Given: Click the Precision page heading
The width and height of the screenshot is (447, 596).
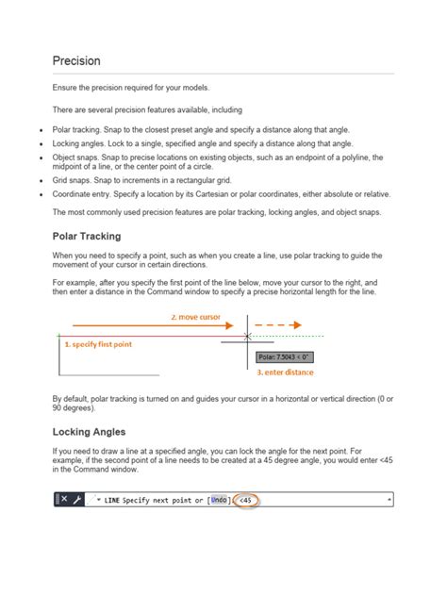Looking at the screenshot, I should pyautogui.click(x=76, y=60).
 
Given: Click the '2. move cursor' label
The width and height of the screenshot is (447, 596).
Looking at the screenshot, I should pyautogui.click(x=195, y=318).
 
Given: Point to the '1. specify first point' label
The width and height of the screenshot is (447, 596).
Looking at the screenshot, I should pyautogui.click(x=99, y=345).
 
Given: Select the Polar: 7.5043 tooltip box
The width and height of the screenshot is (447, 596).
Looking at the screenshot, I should pyautogui.click(x=284, y=357).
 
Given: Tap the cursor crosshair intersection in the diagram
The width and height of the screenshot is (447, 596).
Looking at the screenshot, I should pyautogui.click(x=247, y=336).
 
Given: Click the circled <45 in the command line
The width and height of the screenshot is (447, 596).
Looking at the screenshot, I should pyautogui.click(x=248, y=500).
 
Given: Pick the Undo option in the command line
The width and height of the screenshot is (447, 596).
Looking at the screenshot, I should pyautogui.click(x=219, y=500).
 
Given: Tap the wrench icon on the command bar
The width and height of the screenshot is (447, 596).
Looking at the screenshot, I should pyautogui.click(x=77, y=500).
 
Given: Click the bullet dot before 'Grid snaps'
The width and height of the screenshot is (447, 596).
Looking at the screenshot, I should pyautogui.click(x=41, y=179).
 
